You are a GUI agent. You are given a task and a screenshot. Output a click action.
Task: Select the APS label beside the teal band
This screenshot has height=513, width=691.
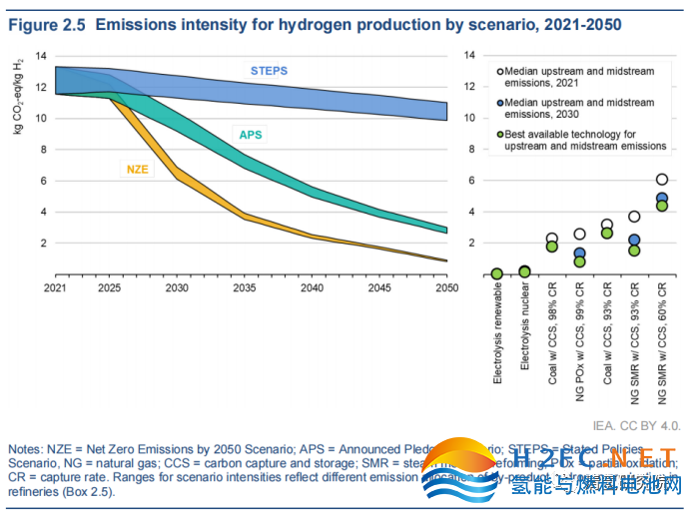250,134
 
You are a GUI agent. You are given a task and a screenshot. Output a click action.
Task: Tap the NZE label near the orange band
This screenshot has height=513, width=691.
137,170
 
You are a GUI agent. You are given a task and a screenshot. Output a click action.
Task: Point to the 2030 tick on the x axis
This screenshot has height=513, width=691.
178,286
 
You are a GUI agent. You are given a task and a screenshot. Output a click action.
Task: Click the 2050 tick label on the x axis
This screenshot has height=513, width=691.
446,286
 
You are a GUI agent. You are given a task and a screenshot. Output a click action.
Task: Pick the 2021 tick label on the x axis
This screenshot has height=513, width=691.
52,286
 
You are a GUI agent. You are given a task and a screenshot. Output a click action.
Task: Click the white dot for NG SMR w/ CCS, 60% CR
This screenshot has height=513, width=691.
662,180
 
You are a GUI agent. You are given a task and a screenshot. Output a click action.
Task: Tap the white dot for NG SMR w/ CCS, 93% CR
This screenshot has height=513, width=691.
634,217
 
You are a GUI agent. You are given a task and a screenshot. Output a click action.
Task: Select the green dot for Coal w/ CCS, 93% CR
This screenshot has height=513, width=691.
606,233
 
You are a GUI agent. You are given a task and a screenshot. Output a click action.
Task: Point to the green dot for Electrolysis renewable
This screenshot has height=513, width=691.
496,273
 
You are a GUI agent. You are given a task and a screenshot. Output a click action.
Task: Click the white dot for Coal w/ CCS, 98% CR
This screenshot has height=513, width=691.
551,240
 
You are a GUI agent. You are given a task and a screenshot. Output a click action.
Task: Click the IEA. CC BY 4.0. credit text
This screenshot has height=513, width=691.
636,424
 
